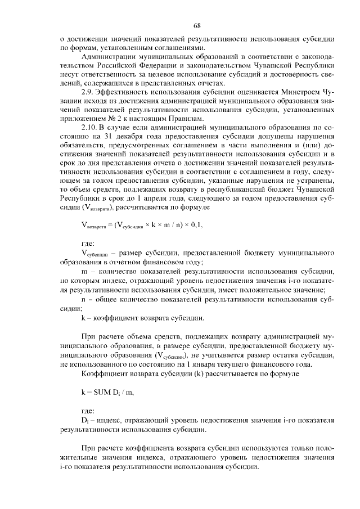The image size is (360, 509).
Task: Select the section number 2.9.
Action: click(89, 91)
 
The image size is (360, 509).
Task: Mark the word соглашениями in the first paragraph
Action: click(172, 48)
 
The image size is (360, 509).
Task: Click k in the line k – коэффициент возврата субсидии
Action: click(84, 318)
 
